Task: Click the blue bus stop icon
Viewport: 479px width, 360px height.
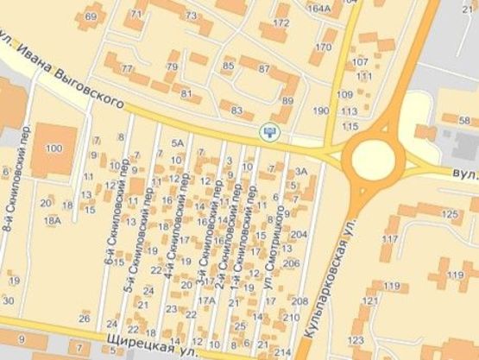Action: click(x=270, y=131)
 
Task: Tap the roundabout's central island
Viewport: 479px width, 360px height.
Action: click(x=373, y=158)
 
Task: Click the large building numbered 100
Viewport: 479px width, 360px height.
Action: click(x=54, y=149)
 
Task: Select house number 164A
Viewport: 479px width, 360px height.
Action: click(x=318, y=8)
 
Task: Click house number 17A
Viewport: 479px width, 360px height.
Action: click(x=207, y=300)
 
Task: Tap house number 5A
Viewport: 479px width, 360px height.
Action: click(x=179, y=142)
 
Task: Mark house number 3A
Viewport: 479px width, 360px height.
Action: click(x=301, y=172)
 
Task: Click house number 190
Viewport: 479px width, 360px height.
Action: click(x=321, y=111)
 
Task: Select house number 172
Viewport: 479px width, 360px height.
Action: click(x=280, y=22)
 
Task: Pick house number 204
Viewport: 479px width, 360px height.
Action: click(x=299, y=235)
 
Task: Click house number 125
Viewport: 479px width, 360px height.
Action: click(x=449, y=213)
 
